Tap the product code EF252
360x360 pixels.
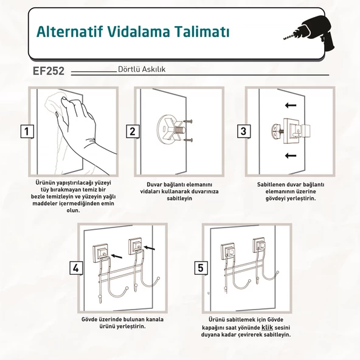(49, 71)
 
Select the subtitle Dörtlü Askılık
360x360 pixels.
(142, 69)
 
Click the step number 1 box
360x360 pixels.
(27, 131)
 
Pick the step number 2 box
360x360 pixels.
(133, 131)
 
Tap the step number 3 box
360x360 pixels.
(244, 131)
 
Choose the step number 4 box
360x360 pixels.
(76, 268)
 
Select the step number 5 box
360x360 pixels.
(201, 268)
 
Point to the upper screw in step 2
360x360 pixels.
(188, 121)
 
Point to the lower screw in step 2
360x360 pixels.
(188, 140)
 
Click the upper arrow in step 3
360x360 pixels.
(291, 105)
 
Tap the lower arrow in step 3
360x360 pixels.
(291, 156)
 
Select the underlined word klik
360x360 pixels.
(267, 327)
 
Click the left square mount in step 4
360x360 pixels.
(100, 252)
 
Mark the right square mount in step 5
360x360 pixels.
(261, 245)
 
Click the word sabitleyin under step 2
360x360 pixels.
(179, 198)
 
